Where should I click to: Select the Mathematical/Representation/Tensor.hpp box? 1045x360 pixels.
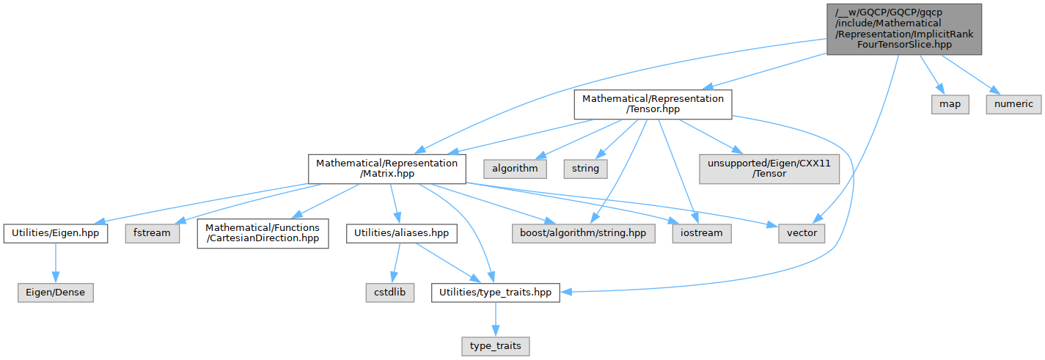(x=653, y=105)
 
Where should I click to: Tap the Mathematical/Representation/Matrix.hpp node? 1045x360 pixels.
(x=386, y=169)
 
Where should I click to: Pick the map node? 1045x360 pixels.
(x=950, y=104)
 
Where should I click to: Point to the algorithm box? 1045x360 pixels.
(x=514, y=169)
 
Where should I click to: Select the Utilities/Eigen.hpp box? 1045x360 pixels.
(x=56, y=233)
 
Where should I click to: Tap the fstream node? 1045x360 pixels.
(x=153, y=233)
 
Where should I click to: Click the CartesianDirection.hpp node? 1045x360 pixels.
(x=263, y=233)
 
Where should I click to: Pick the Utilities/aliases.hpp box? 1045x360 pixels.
(x=402, y=233)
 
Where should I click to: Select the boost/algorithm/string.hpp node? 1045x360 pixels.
(x=582, y=233)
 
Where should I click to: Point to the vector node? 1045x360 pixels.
(x=801, y=233)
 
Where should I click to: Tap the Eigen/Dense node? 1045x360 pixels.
(x=56, y=292)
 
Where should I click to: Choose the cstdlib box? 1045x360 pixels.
(x=390, y=292)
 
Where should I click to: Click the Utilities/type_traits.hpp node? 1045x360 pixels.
(x=495, y=292)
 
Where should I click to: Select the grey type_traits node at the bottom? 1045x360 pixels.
(x=495, y=345)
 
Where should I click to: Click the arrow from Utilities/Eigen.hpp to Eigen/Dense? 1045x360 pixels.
(x=56, y=262)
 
